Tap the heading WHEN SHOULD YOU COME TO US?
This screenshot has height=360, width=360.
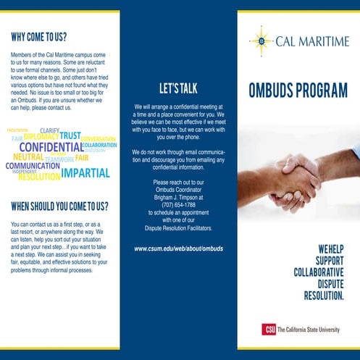click(x=59, y=206)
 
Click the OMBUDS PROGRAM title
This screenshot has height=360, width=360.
click(x=298, y=91)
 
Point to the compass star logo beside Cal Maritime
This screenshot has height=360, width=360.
click(x=260, y=41)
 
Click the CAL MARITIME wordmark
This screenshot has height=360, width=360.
click(x=312, y=42)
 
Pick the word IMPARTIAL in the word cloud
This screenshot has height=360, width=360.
click(x=85, y=173)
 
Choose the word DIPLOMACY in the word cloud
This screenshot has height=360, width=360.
click(x=41, y=136)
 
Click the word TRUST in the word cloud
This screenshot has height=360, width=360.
click(x=70, y=135)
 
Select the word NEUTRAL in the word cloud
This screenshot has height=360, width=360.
click(x=28, y=157)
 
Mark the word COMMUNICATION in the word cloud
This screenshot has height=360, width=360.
click(x=33, y=167)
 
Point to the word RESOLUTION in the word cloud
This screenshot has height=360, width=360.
click(x=39, y=177)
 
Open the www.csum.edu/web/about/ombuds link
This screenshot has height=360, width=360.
click(x=178, y=248)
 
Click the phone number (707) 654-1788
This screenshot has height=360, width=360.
click(x=179, y=205)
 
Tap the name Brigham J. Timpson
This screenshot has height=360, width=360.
click(x=179, y=197)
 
